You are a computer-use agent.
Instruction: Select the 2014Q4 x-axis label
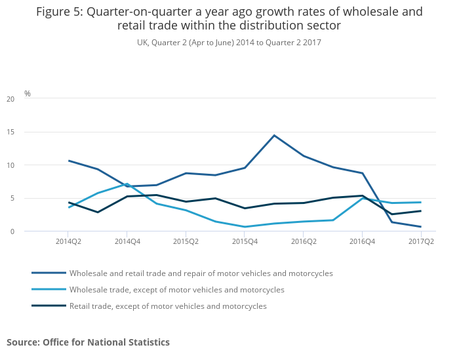click(x=127, y=241)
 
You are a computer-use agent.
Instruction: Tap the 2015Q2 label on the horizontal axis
click(x=186, y=241)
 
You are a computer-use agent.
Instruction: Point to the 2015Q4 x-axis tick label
click(x=245, y=241)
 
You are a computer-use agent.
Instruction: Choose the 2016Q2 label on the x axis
click(x=304, y=241)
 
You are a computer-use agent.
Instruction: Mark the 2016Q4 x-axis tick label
click(x=363, y=241)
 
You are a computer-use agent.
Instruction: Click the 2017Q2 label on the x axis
click(x=421, y=241)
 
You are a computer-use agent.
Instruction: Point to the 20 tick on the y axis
click(x=10, y=99)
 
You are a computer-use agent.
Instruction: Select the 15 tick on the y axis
click(x=10, y=132)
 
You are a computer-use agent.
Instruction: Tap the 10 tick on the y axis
click(x=10, y=165)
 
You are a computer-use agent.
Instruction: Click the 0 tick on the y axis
click(x=12, y=231)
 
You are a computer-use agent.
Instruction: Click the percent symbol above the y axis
click(x=28, y=94)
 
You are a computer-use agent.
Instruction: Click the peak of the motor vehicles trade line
click(x=274, y=135)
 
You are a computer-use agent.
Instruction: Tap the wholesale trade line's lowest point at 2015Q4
click(x=245, y=227)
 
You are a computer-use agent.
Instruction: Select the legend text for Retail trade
click(x=168, y=306)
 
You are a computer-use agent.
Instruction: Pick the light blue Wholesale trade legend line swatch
click(x=49, y=289)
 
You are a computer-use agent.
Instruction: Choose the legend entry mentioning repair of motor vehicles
click(x=201, y=273)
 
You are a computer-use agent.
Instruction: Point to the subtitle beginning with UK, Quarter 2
click(x=229, y=42)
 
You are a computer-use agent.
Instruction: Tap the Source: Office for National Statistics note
click(x=88, y=342)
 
